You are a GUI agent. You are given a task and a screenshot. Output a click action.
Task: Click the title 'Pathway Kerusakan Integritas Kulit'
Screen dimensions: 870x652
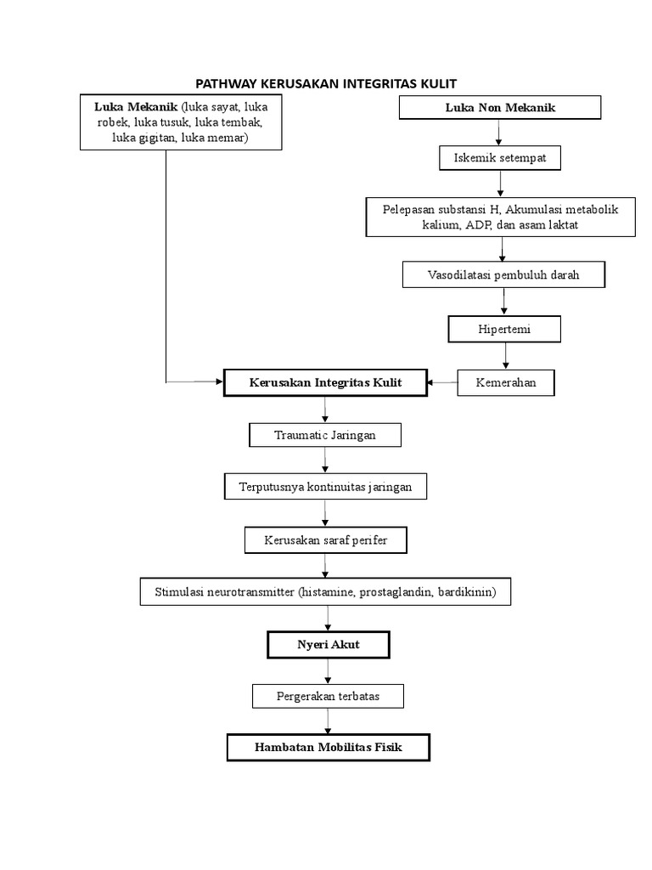326,83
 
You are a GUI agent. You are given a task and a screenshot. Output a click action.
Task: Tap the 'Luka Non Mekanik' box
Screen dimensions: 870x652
500,107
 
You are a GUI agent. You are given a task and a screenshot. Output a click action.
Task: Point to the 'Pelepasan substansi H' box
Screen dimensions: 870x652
501,217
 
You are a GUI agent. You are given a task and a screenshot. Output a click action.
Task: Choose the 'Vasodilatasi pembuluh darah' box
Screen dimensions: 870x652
503,275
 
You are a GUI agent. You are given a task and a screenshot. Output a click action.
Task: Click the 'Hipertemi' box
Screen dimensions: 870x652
504,329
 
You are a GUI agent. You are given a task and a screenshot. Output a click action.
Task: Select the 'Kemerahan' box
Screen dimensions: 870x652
508,383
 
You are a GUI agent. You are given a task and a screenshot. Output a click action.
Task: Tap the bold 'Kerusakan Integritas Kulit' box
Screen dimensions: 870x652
325,383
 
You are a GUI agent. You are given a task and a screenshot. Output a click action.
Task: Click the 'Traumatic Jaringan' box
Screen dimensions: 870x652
325,435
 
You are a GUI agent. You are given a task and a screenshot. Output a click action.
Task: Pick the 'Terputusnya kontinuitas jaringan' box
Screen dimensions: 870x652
325,487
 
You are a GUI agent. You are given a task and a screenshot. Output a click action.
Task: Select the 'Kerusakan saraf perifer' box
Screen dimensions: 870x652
326,540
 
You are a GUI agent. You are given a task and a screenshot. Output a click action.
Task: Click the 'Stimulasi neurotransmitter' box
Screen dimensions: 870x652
325,591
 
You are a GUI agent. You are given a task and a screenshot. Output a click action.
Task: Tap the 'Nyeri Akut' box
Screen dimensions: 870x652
328,645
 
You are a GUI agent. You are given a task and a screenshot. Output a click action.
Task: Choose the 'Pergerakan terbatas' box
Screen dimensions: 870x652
328,697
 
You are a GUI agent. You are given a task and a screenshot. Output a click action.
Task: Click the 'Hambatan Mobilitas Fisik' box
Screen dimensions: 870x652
329,748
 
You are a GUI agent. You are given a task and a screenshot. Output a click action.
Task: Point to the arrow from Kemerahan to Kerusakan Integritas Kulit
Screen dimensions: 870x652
442,383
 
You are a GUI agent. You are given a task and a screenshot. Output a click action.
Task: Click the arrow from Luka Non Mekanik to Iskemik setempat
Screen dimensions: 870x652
500,133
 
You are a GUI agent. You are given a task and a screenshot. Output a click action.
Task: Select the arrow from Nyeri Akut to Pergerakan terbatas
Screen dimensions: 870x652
328,671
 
